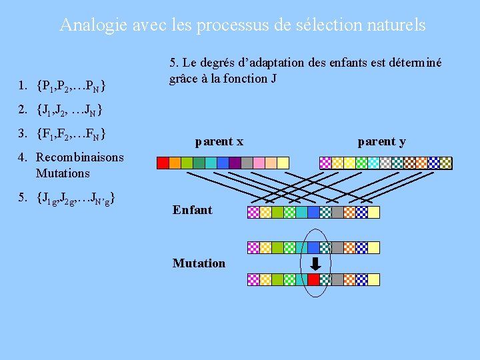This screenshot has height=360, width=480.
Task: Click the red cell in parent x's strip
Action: (163, 162)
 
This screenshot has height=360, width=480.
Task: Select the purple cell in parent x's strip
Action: (235, 162)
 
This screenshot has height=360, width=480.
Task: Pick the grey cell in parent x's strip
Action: (247, 162)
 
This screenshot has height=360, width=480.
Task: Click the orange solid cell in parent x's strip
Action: (175, 162)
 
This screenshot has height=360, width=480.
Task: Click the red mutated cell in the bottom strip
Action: (313, 280)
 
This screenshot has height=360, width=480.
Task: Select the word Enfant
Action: (192, 210)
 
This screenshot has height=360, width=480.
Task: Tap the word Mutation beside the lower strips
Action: (199, 263)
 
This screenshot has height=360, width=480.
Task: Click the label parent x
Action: (219, 141)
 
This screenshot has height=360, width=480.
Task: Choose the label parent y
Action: (381, 141)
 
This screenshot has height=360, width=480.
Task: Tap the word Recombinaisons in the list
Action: (80, 157)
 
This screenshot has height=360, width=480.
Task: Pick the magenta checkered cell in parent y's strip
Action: (325, 162)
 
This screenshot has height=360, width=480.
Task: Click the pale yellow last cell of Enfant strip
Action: (373, 212)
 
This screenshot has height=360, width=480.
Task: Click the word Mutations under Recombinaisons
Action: (63, 173)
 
